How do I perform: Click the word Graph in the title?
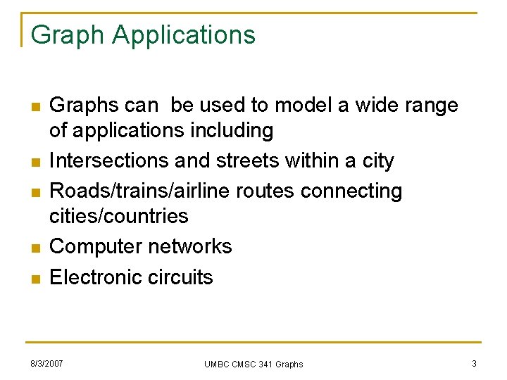click(x=67, y=34)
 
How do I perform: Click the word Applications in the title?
click(x=184, y=34)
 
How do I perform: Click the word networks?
click(x=190, y=247)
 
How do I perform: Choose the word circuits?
click(x=181, y=277)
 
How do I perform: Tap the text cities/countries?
click(x=118, y=216)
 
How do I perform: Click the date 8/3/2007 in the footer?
click(x=46, y=364)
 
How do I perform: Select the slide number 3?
click(x=474, y=364)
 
